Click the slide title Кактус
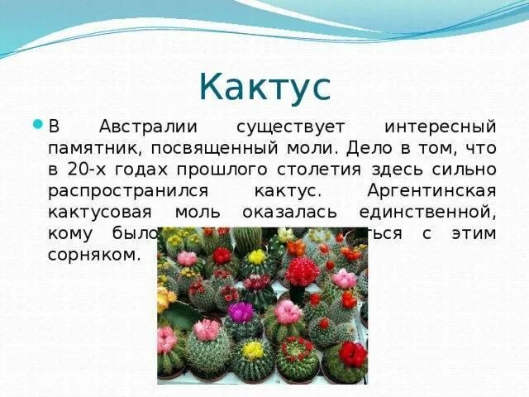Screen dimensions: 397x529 (264, 87)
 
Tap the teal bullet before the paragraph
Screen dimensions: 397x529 (37, 125)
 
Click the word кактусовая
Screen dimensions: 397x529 (94, 212)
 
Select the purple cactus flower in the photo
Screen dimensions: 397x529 (241, 312)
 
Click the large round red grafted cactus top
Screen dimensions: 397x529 (302, 270)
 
